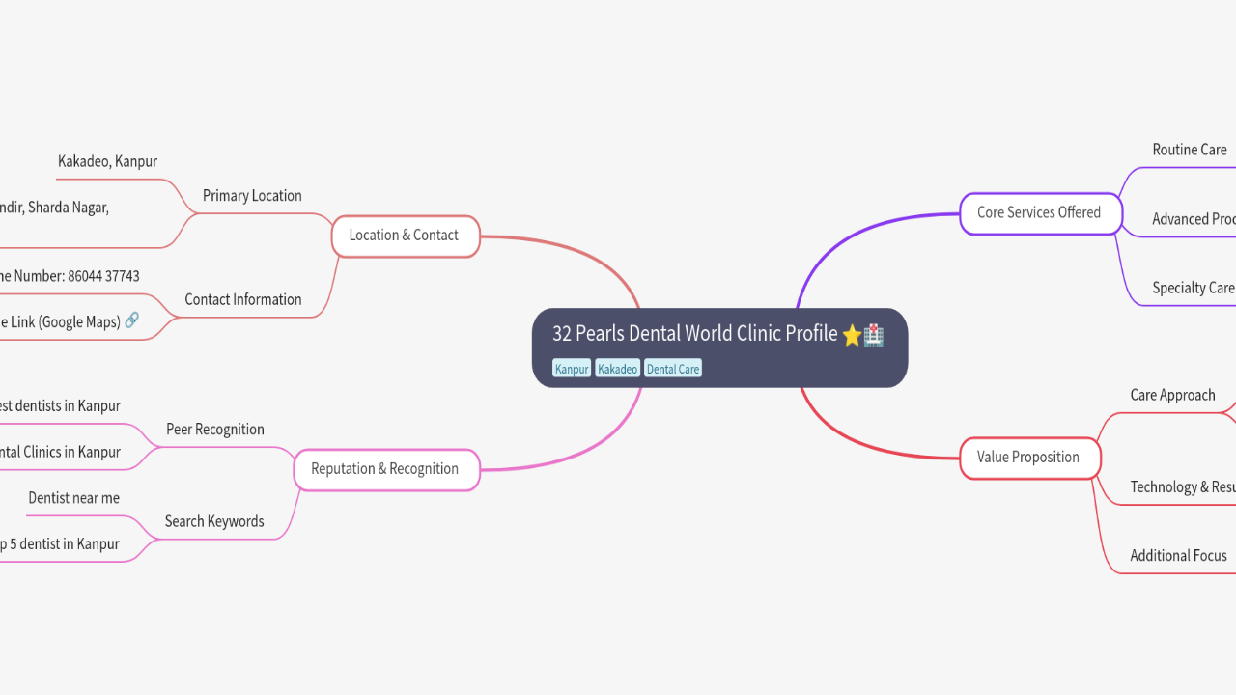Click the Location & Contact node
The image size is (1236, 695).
pos(405,236)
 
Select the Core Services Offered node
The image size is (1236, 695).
pos(1039,213)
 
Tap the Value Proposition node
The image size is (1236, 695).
pos(1028,458)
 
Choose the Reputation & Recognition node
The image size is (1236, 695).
pos(384,469)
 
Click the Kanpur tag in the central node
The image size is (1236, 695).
pos(572,369)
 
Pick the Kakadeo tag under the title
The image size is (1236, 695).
pos(617,369)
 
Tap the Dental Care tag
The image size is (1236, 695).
pos(673,369)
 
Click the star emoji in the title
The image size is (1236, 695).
pos(852,335)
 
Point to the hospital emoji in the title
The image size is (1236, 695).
pos(873,335)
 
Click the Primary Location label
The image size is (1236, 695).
pos(252,196)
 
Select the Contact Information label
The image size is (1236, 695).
pos(243,300)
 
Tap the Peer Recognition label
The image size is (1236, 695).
pos(215,430)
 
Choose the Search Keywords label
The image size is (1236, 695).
pos(214,522)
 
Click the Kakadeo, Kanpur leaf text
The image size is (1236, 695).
pos(107,161)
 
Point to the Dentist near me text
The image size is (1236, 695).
pos(74,498)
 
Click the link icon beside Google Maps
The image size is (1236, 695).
pos(131,320)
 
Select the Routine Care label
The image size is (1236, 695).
pos(1189,150)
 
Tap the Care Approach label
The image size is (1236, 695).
pos(1172,395)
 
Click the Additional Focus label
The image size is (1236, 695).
pos(1178,556)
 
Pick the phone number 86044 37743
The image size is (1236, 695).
pos(103,276)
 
